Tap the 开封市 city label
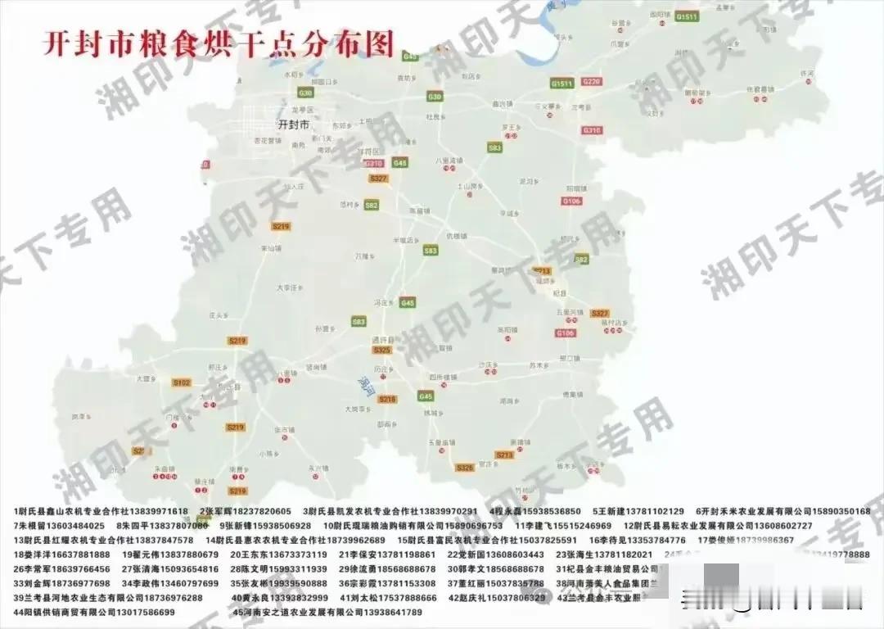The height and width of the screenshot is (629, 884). (294, 125)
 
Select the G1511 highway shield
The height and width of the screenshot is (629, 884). (686, 16)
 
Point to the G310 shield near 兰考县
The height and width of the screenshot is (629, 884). (591, 130)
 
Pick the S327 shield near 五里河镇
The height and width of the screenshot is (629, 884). (600, 313)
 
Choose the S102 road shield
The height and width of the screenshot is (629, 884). (181, 382)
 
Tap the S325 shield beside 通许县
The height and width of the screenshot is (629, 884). (381, 350)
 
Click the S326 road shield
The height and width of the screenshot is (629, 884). (465, 468)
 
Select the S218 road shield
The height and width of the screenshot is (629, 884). (387, 399)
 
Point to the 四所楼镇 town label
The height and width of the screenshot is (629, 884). (443, 378)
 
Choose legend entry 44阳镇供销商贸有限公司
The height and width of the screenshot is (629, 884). (94, 612)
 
